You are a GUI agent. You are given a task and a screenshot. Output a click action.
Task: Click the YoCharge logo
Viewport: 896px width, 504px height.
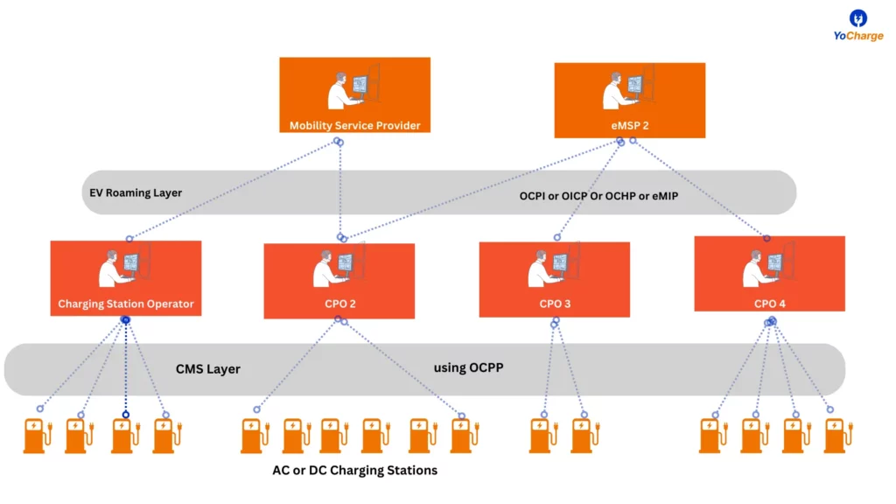[857, 25]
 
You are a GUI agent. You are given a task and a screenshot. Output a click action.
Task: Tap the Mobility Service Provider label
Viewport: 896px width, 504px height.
[355, 126]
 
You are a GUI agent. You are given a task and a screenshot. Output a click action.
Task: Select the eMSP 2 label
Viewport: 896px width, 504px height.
[630, 126]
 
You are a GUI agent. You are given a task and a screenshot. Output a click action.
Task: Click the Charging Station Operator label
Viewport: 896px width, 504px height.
[126, 304]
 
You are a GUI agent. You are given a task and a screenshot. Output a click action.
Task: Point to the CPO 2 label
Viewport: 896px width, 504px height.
[340, 304]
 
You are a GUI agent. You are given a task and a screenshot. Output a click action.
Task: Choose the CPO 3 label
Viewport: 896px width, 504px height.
[555, 304]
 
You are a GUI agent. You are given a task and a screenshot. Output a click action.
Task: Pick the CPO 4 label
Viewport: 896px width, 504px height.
[770, 304]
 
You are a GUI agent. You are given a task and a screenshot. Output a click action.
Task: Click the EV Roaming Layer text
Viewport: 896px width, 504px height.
[136, 193]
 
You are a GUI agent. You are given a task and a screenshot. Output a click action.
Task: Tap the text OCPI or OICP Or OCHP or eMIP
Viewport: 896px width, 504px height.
[598, 196]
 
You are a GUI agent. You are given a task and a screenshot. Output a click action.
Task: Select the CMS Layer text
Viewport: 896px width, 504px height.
[208, 369]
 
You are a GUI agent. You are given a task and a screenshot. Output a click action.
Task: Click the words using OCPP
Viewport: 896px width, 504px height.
[469, 368]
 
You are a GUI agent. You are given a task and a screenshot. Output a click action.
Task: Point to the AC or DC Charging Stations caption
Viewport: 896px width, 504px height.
[355, 470]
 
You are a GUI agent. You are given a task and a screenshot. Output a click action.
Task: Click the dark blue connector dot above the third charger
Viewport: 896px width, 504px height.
[126, 415]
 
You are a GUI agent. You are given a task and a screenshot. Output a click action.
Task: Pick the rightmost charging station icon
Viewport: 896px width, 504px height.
[838, 436]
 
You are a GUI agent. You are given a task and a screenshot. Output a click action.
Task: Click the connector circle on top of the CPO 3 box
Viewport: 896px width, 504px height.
[557, 237]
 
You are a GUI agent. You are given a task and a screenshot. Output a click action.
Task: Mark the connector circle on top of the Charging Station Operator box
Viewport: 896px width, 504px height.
[129, 239]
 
